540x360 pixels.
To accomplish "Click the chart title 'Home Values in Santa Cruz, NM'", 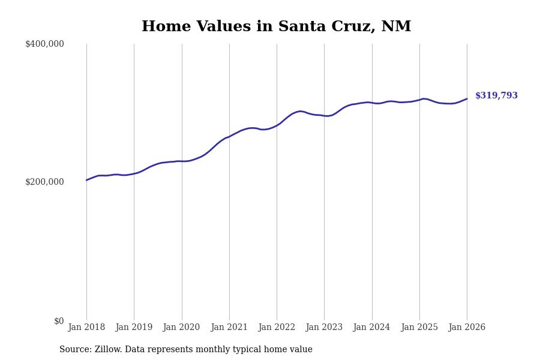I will (276, 27).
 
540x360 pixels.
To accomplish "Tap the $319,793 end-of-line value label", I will (496, 96).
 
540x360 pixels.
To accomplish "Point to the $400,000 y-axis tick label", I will (44, 44).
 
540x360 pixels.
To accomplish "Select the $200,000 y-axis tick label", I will (44, 182).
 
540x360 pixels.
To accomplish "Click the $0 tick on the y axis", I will (59, 321).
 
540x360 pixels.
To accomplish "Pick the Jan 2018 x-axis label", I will (86, 328).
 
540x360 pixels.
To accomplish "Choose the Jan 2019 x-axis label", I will (134, 328).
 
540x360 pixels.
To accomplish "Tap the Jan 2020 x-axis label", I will (181, 328).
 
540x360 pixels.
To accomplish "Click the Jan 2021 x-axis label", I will (229, 328).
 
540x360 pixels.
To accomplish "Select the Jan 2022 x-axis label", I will (277, 328).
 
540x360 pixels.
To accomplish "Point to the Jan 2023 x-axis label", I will (324, 328).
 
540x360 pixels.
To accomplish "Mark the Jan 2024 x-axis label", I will (371, 328).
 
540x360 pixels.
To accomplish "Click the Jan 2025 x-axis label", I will (419, 328).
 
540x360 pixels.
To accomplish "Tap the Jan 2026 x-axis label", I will (467, 328).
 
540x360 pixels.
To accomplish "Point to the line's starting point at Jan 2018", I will (86, 180).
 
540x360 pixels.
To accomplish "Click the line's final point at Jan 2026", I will (467, 99).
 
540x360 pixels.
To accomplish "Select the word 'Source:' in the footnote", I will (76, 350).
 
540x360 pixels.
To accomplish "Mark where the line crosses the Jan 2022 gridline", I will (277, 125).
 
